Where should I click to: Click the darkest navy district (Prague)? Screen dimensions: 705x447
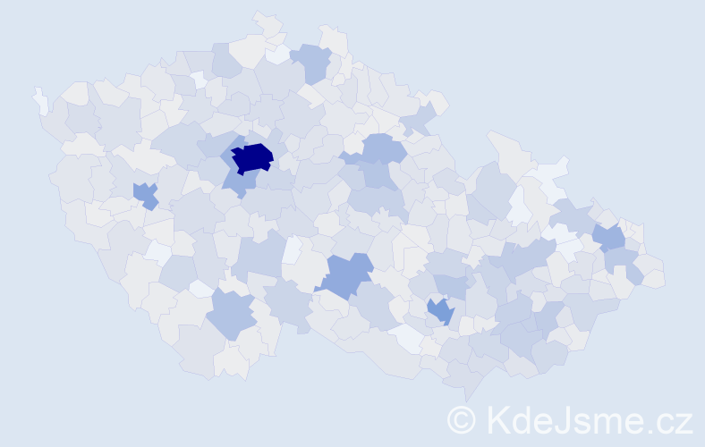click(252, 157)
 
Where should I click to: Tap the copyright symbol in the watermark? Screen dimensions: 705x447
click(463, 419)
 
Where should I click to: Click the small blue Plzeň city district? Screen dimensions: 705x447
click(145, 195)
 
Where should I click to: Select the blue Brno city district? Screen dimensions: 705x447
click(440, 311)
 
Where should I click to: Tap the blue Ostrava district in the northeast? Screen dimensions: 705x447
click(608, 237)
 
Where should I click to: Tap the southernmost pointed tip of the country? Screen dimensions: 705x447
click(466, 394)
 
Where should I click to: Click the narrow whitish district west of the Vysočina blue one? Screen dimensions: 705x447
click(292, 249)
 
